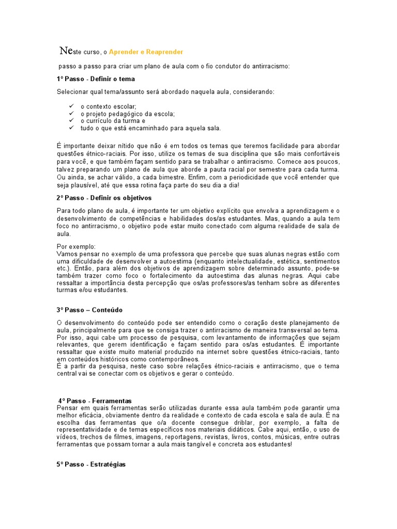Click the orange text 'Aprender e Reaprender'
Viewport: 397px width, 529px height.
(146, 52)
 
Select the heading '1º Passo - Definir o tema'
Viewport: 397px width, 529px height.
(96, 79)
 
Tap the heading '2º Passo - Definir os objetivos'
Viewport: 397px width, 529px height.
(104, 198)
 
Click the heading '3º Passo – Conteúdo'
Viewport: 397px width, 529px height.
(90, 310)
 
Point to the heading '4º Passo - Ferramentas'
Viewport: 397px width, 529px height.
(95, 400)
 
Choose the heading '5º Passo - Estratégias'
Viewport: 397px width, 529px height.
(91, 464)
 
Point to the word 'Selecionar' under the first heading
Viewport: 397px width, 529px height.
(71, 92)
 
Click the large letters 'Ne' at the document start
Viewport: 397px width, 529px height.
(66, 51)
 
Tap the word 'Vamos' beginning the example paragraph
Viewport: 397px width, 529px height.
(67, 254)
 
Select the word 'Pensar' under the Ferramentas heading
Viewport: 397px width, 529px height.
(67, 408)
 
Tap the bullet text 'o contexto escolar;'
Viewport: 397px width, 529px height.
(108, 106)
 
